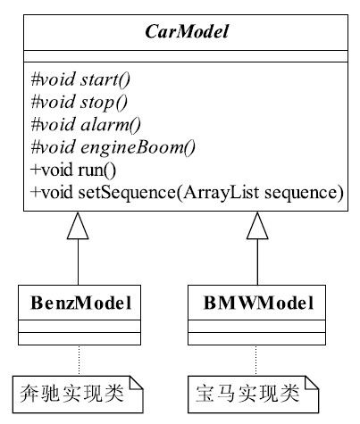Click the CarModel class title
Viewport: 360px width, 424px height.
187,31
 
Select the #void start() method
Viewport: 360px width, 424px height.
80,79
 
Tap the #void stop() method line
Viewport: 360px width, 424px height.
79,103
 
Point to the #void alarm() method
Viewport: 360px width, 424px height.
86,124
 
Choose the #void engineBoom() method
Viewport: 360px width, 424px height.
113,147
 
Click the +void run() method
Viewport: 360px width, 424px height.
73,170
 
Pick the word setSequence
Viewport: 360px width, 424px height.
127,193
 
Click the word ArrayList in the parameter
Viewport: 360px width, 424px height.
221,193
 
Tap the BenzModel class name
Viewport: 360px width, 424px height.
81,303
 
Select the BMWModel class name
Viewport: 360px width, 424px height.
258,303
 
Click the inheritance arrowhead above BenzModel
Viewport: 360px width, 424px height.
78,225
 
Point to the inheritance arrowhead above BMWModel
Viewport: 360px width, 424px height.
257,225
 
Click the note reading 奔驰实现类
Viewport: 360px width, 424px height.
78,395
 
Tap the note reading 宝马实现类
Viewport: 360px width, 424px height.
253,395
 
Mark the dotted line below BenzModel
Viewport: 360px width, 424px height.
80,361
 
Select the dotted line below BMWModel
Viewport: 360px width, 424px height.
255,361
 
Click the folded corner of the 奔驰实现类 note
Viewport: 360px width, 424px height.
136,382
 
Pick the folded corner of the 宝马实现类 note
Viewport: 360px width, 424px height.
312,382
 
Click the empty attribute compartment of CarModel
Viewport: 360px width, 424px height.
186,56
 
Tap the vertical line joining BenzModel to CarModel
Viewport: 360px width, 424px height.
78,262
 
